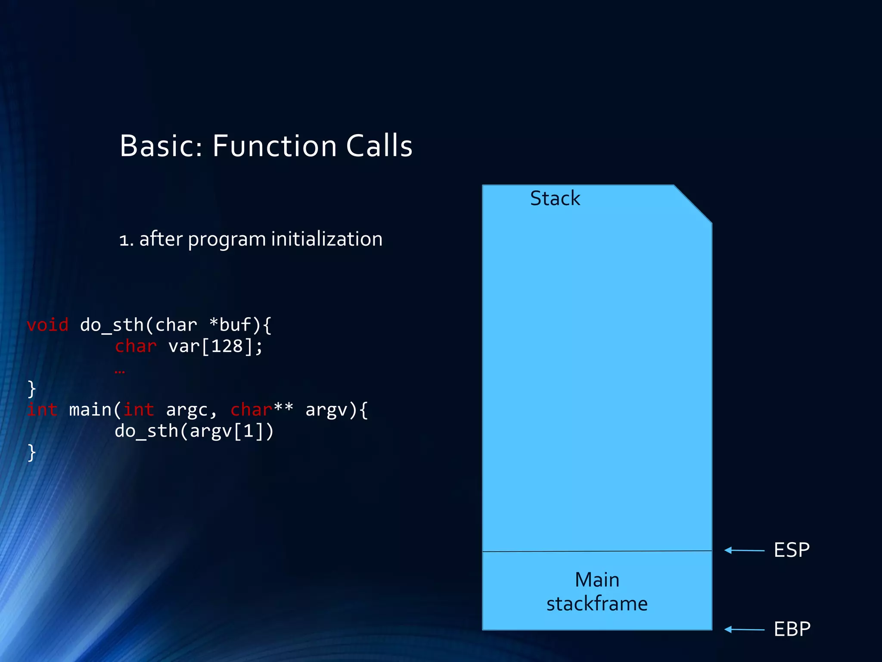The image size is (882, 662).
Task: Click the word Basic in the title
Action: click(160, 146)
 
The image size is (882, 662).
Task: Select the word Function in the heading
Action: click(274, 146)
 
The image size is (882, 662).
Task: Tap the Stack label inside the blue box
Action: click(555, 199)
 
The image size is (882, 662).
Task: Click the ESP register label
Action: click(791, 550)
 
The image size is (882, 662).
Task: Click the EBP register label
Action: click(792, 629)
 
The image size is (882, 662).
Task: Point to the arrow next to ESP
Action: click(744, 550)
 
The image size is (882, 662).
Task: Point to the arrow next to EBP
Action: click(744, 630)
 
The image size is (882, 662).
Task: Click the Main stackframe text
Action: click(597, 592)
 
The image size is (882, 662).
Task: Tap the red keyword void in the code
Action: click(47, 325)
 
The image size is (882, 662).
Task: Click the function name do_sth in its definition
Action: click(112, 325)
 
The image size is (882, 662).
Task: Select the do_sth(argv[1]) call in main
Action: click(194, 431)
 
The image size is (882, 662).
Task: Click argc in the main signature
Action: click(186, 410)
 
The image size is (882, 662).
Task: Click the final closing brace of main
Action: click(31, 453)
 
